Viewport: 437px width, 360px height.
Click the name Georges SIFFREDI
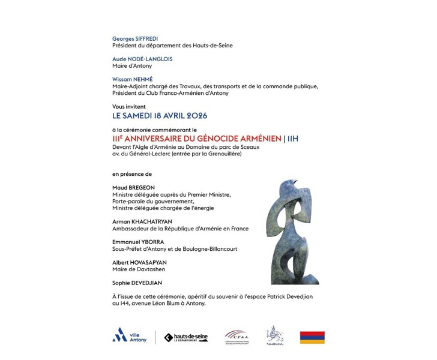pyautogui.click(x=135, y=38)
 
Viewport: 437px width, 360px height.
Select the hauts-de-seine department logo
pyautogui.click(x=185, y=337)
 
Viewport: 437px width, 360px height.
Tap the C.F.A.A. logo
pyautogui.click(x=236, y=337)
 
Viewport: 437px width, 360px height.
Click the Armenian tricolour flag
pyautogui.click(x=312, y=337)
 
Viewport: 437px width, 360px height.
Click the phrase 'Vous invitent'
pyautogui.click(x=129, y=106)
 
